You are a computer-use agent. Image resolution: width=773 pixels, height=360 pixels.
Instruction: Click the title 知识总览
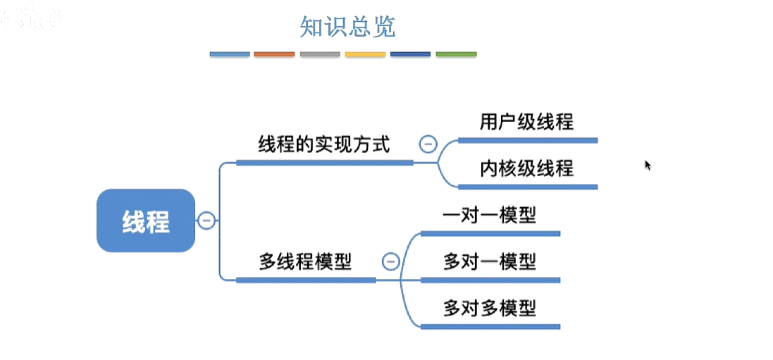coord(347,27)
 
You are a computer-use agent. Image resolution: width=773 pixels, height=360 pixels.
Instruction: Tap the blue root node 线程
coord(146,221)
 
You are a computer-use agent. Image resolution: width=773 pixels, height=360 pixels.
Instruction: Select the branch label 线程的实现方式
coord(323,145)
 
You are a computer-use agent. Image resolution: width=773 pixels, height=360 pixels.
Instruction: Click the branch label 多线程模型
coord(305,262)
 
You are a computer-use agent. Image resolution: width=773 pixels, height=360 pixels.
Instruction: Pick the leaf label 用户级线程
coord(526,122)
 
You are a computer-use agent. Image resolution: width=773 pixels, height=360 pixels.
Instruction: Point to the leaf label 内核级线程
coord(526,168)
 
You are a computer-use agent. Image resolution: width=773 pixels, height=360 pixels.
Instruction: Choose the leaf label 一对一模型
coord(489,214)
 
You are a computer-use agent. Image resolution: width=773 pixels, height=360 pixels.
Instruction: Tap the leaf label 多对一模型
coord(489,262)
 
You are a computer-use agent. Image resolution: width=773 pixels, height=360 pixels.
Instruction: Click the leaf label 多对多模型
coord(489,309)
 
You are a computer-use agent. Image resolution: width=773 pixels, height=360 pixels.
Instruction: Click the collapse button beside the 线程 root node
coord(206,221)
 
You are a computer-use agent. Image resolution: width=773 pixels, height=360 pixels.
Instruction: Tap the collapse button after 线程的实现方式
coord(427,144)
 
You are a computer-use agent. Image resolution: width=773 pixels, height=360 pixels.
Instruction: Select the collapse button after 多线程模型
coord(390,262)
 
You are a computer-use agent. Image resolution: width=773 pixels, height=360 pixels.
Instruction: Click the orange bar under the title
coord(274,54)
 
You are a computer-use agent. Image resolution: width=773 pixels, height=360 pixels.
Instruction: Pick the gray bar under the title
coord(320,54)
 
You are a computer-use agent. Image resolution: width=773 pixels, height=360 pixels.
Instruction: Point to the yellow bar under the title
coord(365,54)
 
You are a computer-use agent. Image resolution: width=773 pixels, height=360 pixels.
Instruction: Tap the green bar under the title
coord(456,54)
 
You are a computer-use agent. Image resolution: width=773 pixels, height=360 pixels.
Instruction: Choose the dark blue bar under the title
coord(410,54)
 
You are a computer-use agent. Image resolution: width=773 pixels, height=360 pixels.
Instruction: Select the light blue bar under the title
coord(230,54)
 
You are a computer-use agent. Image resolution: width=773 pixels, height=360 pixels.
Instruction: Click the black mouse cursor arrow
coord(648,165)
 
